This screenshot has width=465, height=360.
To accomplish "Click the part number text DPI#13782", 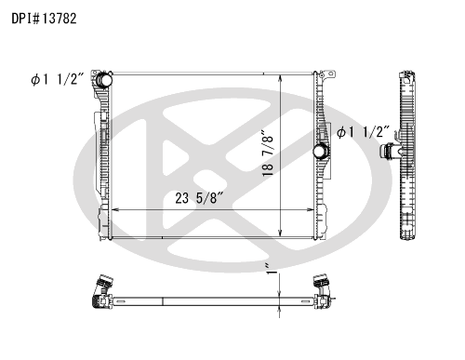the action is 44,19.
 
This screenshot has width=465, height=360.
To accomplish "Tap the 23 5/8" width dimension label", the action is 199,198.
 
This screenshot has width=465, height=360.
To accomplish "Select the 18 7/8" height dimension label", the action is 268,153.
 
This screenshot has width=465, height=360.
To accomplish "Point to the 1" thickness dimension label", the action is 271,269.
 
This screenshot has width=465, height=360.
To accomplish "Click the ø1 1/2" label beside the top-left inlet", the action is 58,79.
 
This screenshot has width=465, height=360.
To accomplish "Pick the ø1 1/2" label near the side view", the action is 363,132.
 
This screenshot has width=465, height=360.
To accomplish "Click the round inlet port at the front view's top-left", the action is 104,80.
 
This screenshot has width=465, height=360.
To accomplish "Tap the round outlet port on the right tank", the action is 320,152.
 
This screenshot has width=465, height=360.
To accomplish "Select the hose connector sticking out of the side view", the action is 390,152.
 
